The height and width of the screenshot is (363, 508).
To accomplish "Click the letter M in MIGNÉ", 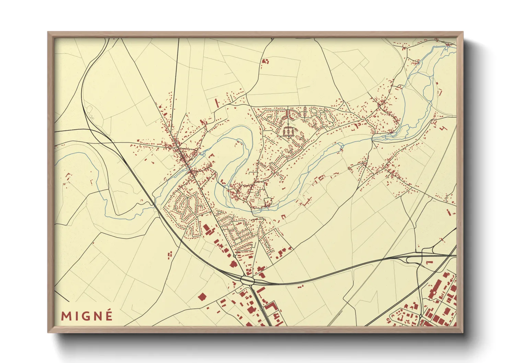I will [x=66, y=316].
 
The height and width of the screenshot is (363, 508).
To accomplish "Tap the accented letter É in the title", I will [x=109, y=315].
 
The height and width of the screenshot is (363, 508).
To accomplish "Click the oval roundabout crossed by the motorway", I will [x=247, y=280].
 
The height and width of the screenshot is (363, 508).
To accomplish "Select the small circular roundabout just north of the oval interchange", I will [x=234, y=256].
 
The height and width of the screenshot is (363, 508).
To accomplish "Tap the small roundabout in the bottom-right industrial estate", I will [x=420, y=316].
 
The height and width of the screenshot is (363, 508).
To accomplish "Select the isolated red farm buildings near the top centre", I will [x=265, y=61].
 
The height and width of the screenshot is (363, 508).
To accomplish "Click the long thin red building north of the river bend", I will [x=217, y=103].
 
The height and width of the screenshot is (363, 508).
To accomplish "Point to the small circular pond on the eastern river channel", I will [x=342, y=148].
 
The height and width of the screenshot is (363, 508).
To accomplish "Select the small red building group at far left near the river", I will [x=68, y=177].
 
